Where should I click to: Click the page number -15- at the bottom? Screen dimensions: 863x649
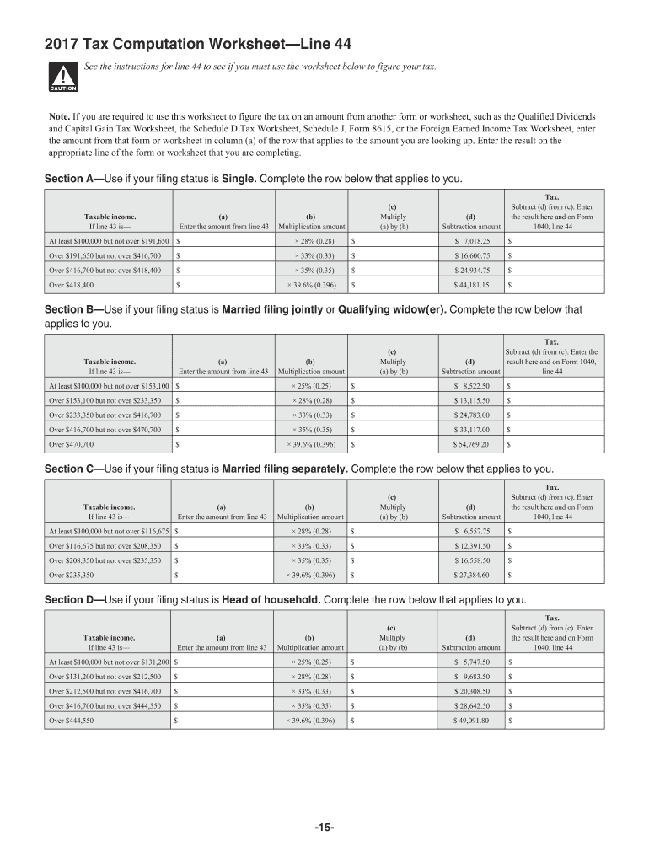(324, 828)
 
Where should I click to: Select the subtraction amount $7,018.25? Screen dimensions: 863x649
(472, 241)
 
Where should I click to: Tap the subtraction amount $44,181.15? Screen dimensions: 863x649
(472, 285)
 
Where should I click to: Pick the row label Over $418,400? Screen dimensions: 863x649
(71, 285)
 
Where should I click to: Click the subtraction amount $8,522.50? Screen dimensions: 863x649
(472, 385)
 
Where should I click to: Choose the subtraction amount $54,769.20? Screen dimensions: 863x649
(472, 443)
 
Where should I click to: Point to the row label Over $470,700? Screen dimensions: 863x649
(71, 443)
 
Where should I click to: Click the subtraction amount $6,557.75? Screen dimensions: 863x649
(472, 532)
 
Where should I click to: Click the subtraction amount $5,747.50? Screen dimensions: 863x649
(472, 662)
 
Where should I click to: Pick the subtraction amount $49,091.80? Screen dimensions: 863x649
(472, 721)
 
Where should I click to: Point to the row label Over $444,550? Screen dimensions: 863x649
(71, 721)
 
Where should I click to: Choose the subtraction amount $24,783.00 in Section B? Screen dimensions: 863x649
(472, 415)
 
